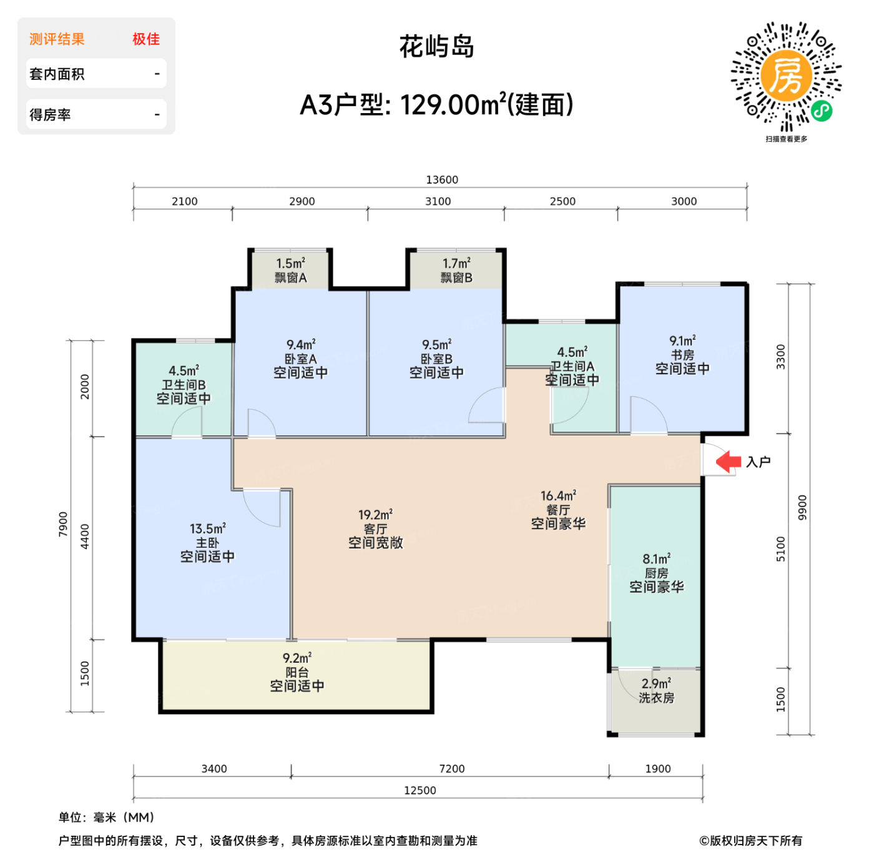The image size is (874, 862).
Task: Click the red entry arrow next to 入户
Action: click(x=728, y=462)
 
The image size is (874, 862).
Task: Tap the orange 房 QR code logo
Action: click(x=786, y=76)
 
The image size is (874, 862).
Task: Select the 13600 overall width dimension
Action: click(x=442, y=180)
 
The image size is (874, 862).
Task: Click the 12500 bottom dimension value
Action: click(x=420, y=790)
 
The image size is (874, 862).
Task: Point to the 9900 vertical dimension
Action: click(x=802, y=508)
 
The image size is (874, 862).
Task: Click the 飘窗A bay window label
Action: click(x=291, y=278)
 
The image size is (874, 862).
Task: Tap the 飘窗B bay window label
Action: click(x=456, y=278)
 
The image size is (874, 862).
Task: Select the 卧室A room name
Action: click(x=301, y=359)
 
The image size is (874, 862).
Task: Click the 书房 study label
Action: click(x=682, y=355)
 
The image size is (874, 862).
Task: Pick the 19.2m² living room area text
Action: click(x=375, y=515)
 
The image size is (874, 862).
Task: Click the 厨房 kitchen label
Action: click(x=656, y=573)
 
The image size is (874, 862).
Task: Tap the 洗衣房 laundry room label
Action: click(x=656, y=698)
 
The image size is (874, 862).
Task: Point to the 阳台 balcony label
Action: click(x=297, y=672)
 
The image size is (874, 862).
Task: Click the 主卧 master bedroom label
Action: click(x=207, y=543)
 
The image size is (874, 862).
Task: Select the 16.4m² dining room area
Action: click(x=558, y=496)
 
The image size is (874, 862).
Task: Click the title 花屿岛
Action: click(x=437, y=47)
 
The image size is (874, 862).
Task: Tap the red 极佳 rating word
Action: click(x=146, y=39)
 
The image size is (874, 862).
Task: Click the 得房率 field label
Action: click(x=51, y=115)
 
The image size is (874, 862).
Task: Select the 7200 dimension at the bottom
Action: click(x=452, y=769)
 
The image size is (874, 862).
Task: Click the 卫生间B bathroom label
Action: click(x=184, y=385)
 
